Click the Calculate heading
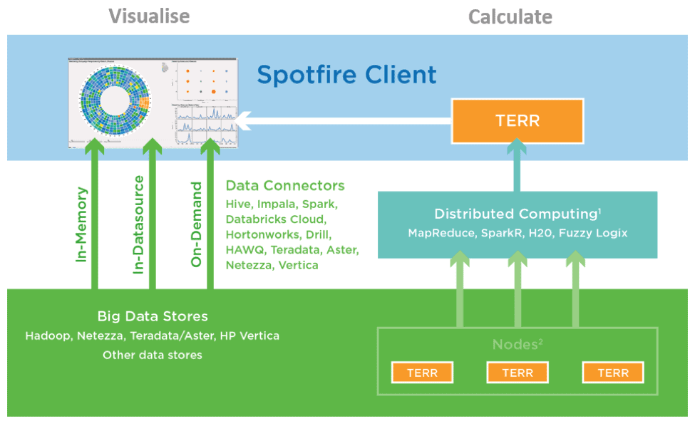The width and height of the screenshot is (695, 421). click(510, 16)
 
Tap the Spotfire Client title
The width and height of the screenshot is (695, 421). click(346, 74)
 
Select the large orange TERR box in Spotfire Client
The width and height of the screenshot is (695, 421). click(518, 121)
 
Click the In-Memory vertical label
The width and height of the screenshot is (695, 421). click(81, 224)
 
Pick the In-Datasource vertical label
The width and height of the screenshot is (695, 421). click(139, 224)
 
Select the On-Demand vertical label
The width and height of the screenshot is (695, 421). click(197, 224)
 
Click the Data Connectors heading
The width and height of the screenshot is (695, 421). click(284, 186)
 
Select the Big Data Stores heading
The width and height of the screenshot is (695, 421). click(152, 316)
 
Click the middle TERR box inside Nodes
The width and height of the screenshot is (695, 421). click(518, 373)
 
